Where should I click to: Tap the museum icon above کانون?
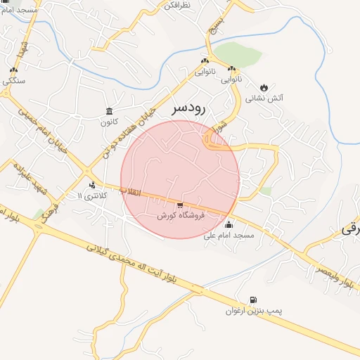point(109,111)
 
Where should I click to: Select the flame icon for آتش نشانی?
point(265,87)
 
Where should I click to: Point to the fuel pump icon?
point(252,300)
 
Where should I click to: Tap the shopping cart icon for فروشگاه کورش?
point(180,205)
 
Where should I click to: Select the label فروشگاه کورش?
point(181,216)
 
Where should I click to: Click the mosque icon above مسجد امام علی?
point(229,225)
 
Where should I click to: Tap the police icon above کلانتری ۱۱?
point(91,185)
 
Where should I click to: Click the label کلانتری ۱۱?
point(92,195)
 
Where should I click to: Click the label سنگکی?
point(14,80)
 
